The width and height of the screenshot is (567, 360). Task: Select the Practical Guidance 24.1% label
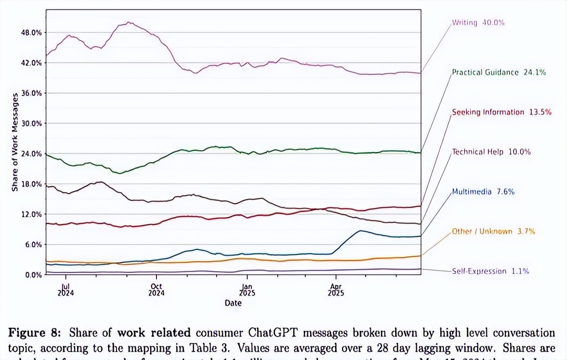[498, 72]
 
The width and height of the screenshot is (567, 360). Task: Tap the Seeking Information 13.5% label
[501, 112]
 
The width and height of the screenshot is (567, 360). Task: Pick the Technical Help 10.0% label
[491, 152]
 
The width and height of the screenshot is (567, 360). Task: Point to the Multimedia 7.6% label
[483, 192]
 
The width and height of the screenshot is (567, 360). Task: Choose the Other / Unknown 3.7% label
[493, 231]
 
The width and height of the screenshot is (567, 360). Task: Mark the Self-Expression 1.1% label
[490, 271]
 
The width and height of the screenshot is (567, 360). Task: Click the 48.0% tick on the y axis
[31, 32]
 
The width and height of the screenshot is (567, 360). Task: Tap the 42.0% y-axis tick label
[31, 63]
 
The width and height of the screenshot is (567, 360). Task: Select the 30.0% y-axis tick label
[31, 123]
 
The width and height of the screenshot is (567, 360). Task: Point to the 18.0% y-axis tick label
[31, 184]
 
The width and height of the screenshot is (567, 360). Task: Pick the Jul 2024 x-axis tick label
[66, 290]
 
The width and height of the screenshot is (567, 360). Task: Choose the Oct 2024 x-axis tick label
[156, 290]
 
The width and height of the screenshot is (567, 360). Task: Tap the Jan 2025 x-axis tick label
[247, 290]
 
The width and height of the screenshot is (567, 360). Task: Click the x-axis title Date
[233, 303]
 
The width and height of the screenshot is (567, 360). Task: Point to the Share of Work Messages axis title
[15, 142]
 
